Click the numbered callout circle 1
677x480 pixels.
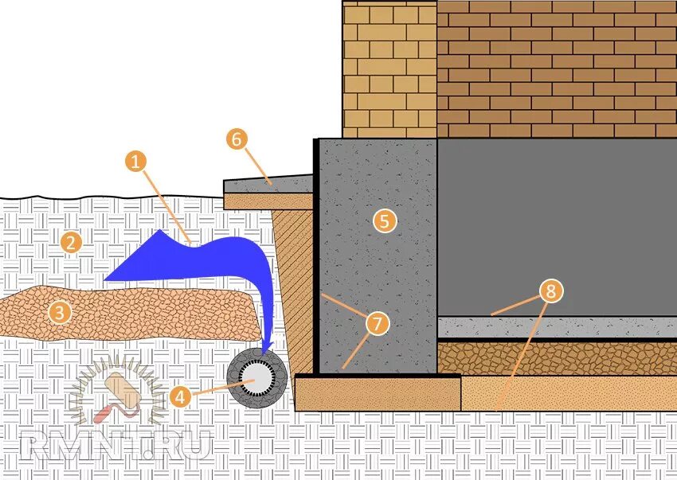136,162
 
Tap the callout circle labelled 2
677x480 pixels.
71,242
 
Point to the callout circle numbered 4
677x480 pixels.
180,395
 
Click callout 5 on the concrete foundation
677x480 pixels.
385,220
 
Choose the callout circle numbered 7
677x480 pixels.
378,323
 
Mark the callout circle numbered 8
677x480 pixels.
550,291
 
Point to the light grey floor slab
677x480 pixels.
558,326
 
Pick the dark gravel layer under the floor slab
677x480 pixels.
558,357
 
